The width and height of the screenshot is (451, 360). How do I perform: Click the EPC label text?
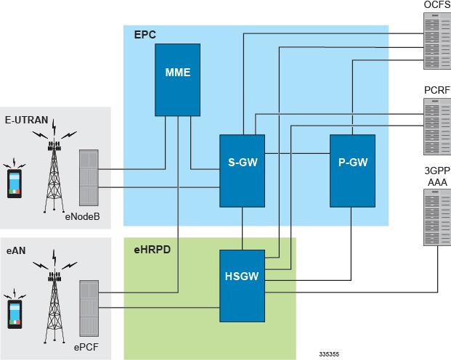pos(145,35)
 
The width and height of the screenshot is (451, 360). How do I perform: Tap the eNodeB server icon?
pos(88,177)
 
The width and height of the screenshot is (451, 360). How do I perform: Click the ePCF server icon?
pos(88,304)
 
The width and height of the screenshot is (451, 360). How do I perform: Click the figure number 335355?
pos(328,354)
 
